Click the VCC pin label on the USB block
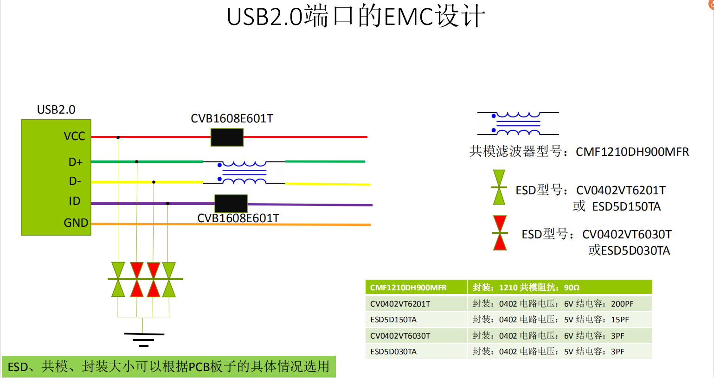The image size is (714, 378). (74, 136)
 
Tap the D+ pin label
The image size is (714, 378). (75, 162)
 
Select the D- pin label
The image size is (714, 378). (75, 181)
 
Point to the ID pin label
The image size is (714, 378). (74, 201)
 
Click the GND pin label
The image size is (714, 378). (76, 223)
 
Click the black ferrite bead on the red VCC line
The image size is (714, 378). (227, 137)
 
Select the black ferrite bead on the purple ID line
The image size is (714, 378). (231, 204)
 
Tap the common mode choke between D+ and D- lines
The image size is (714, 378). (244, 172)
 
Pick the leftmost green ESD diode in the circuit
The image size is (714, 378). (118, 279)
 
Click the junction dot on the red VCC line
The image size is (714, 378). (118, 137)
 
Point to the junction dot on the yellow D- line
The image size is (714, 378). (154, 182)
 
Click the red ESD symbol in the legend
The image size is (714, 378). (500, 233)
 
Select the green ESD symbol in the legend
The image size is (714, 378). (499, 187)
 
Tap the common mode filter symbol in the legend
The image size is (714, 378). (518, 123)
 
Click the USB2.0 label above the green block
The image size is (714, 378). (56, 109)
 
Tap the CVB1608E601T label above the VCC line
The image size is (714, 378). (232, 118)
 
